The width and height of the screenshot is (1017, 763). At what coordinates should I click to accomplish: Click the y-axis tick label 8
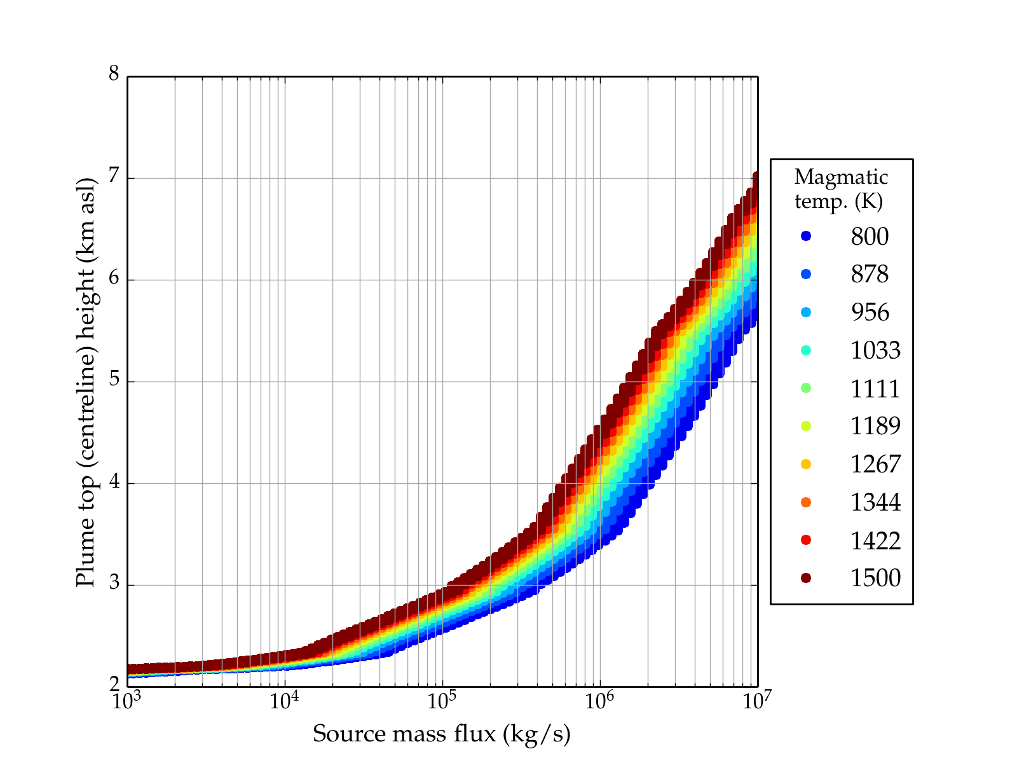[x=114, y=74]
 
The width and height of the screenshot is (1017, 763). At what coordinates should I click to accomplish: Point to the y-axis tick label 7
[x=114, y=176]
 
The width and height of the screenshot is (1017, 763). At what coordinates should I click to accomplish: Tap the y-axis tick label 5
[x=114, y=380]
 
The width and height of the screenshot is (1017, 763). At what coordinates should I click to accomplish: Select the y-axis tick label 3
[x=114, y=583]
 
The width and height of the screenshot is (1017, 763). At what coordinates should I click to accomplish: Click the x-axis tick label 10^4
[x=284, y=701]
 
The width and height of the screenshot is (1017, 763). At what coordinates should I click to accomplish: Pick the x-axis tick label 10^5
[x=442, y=701]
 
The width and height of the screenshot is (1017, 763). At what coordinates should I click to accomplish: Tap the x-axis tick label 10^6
[x=599, y=701]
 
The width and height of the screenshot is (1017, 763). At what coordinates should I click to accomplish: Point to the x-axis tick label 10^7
[x=756, y=701]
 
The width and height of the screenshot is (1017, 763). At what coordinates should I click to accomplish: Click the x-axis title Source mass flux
[x=442, y=734]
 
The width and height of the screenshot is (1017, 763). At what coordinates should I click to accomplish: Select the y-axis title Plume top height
[x=86, y=381]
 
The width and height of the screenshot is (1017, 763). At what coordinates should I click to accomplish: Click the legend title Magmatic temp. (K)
[x=841, y=189]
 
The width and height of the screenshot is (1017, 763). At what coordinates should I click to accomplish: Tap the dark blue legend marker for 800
[x=806, y=236]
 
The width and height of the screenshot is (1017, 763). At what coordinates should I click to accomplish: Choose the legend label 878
[x=870, y=274]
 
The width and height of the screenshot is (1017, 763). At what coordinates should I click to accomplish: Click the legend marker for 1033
[x=806, y=350]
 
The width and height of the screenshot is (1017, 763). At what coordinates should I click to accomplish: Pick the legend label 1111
[x=875, y=388]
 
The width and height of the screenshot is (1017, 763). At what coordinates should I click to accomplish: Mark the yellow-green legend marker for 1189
[x=806, y=426]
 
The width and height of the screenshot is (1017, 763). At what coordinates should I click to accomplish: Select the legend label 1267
[x=875, y=464]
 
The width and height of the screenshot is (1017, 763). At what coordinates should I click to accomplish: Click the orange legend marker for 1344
[x=806, y=502]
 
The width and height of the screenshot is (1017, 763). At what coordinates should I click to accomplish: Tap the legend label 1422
[x=875, y=540]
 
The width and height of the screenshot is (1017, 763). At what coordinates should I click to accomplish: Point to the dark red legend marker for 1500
[x=806, y=578]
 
